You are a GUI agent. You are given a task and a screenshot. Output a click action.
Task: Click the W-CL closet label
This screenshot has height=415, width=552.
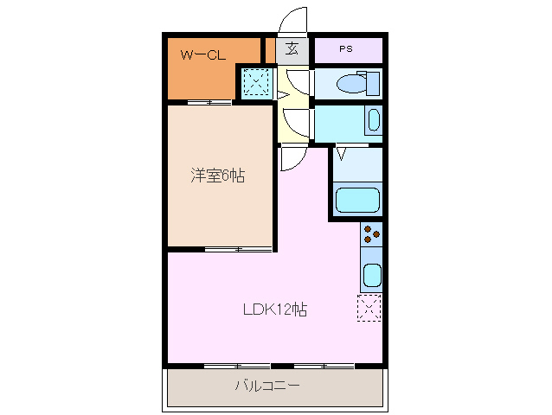[x=203, y=55]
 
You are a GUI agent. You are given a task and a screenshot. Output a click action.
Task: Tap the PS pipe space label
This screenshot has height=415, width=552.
[x=346, y=49]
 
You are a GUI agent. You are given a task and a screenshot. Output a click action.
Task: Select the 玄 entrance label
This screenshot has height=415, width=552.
[x=292, y=49]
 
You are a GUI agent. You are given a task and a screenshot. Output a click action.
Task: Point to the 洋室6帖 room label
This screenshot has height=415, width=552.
[x=218, y=176]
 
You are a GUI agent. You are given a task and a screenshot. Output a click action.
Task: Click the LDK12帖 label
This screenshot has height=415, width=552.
[x=275, y=310]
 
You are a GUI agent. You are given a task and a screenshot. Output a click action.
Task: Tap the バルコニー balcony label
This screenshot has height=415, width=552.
[x=267, y=386]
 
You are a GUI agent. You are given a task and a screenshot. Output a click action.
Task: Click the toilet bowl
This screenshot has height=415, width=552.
[x=351, y=84]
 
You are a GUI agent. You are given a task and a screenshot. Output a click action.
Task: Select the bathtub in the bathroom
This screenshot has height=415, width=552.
[x=357, y=200]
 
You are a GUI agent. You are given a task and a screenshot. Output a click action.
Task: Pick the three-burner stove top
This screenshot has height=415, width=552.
[x=371, y=234]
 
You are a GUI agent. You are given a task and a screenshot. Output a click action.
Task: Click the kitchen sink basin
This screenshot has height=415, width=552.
[x=372, y=276]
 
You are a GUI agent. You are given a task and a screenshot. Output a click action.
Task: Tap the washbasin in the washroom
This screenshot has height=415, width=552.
[x=374, y=120]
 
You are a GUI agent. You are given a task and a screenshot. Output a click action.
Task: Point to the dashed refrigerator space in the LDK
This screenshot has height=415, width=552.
[x=369, y=308]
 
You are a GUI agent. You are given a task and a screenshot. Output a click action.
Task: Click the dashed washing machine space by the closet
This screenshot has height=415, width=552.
[x=256, y=82]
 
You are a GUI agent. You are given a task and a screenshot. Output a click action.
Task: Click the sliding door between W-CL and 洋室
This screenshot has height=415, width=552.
[x=209, y=102]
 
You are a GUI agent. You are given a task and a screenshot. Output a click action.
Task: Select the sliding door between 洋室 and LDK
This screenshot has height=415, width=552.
[x=238, y=249]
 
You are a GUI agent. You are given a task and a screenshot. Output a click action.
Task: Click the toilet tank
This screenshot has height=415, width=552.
[x=373, y=83]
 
